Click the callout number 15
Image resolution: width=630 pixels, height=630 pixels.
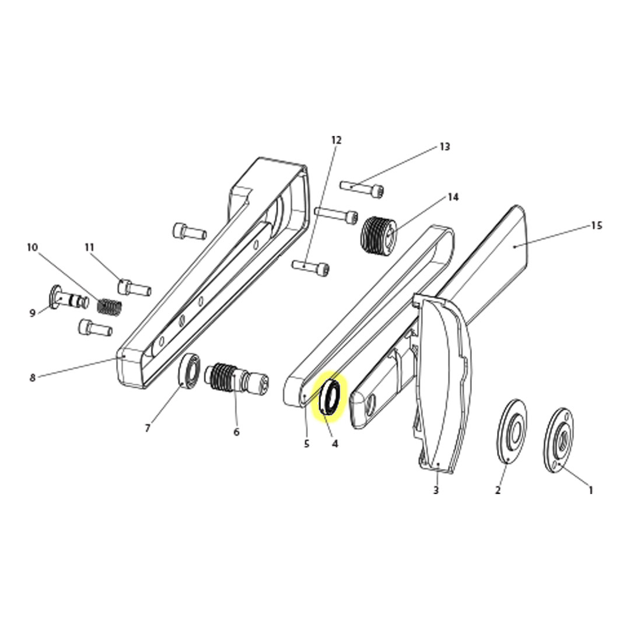point(596,226)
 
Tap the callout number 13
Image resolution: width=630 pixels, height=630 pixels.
point(444,147)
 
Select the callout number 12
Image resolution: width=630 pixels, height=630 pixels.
point(336,140)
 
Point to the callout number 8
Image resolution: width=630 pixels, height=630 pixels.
point(33,377)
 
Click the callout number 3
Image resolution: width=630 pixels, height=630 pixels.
point(436,490)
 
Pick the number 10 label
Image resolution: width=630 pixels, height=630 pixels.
point(32,248)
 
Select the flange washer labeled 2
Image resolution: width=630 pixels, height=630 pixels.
point(512,432)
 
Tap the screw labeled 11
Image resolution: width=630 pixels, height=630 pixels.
point(134,288)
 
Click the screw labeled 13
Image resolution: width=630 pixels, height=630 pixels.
point(362,188)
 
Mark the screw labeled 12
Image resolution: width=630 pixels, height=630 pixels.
point(310,267)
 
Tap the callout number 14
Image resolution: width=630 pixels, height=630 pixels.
point(453,197)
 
